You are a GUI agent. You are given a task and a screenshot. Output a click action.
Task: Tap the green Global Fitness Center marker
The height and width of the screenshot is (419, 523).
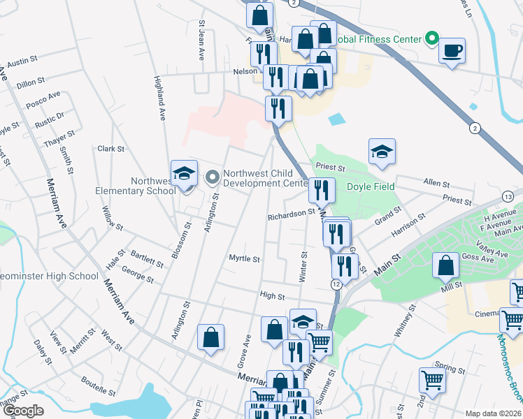point(432,39)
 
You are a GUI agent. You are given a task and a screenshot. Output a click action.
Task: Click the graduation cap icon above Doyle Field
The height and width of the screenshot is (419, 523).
point(382,152)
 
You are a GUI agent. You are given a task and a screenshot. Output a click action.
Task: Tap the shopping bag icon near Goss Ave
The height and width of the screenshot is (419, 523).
point(445,266)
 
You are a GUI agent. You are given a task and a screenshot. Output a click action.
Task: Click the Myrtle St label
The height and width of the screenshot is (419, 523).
point(245,258)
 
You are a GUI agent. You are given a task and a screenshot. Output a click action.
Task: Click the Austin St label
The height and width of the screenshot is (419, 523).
point(22,63)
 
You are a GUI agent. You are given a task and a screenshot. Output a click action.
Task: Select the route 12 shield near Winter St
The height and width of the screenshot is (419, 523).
point(336,284)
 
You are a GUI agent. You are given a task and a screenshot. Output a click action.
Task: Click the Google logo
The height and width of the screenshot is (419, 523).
point(23,411)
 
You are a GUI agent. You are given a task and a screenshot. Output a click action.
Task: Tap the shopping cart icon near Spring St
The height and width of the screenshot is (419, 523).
point(432,381)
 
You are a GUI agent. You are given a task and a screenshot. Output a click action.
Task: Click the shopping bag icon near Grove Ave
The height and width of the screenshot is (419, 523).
point(210,338)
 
